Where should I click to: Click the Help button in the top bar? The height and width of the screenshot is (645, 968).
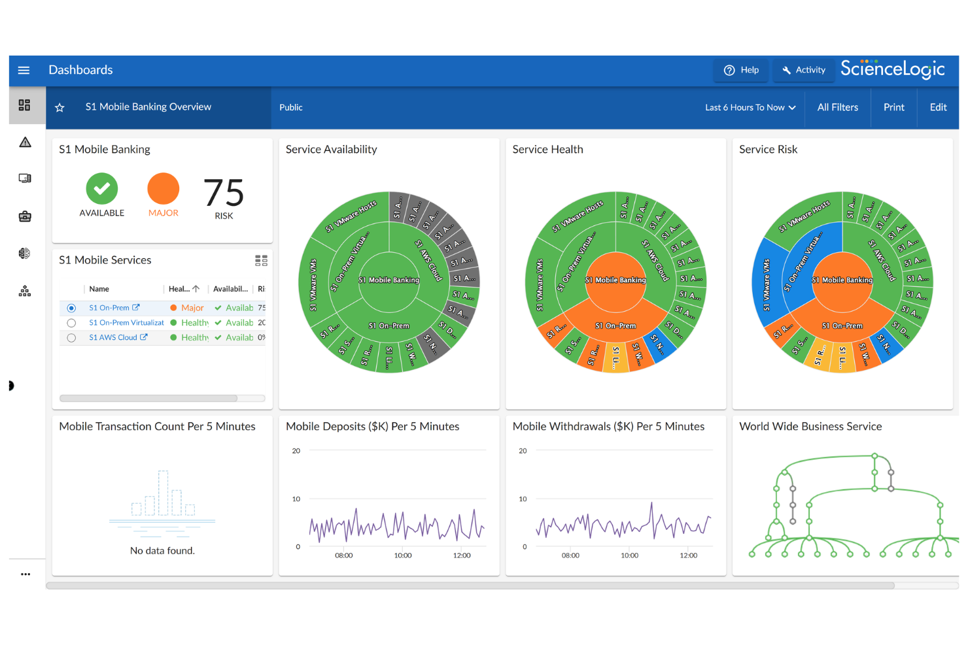coord(741,70)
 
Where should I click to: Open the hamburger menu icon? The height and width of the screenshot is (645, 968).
coord(24,70)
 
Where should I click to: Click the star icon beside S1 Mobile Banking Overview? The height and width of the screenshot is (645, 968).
coord(60,107)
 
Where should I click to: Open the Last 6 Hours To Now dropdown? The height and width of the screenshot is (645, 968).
coord(750,107)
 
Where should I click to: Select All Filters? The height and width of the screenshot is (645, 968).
coord(837,107)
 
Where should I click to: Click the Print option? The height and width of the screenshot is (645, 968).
coord(893,107)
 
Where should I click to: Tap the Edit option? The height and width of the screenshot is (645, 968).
coord(938,107)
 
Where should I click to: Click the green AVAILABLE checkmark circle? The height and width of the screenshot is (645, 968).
coord(102,189)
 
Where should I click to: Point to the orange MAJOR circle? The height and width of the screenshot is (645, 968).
coord(163,189)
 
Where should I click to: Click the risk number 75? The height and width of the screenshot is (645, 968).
coord(224,193)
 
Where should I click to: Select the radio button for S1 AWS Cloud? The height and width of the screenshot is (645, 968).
coord(71,338)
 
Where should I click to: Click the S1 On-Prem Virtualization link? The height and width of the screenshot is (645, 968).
coord(126,323)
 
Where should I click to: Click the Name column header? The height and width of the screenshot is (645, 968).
coord(99,289)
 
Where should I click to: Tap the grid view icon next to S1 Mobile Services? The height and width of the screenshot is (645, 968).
coord(261,261)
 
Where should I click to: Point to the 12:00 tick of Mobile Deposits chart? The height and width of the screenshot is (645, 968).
coord(462,555)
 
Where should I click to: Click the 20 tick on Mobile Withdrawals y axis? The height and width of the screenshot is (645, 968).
coord(523,451)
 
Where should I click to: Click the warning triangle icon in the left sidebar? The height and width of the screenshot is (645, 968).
coord(25,142)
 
